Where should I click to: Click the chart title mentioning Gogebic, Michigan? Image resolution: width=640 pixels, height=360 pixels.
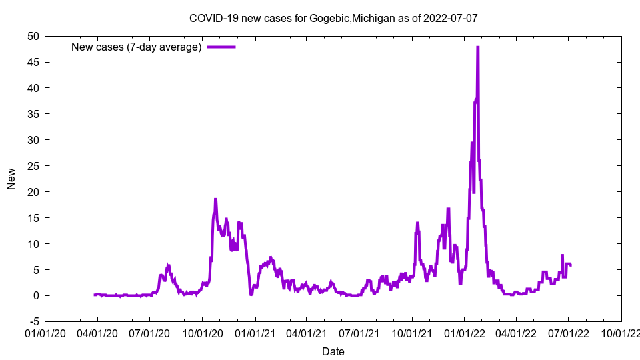333,18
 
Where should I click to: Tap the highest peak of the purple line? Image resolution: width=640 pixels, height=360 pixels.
478,47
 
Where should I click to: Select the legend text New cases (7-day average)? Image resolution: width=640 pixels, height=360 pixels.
137,47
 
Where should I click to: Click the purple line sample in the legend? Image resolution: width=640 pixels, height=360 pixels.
221,47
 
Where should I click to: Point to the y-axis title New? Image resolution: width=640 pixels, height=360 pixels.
11,179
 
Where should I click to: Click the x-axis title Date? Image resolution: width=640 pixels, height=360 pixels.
333,351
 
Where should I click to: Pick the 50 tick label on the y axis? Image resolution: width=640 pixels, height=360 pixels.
33,36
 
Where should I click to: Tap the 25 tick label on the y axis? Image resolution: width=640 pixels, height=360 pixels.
33,166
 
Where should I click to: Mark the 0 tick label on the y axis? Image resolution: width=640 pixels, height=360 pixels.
35,295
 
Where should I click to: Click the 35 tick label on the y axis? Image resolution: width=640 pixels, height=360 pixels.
33,114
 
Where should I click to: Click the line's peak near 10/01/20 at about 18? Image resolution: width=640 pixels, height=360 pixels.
215,199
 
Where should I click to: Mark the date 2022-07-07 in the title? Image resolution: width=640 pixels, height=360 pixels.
450,18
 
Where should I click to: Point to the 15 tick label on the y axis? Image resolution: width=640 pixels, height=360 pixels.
33,218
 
